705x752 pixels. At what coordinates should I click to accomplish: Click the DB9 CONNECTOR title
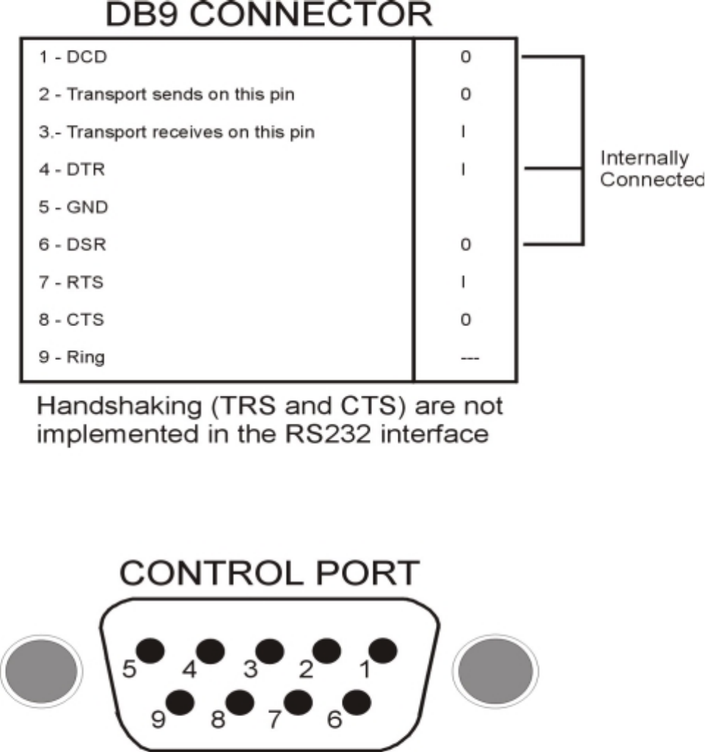click(269, 15)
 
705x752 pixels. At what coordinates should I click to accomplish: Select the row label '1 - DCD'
click(73, 57)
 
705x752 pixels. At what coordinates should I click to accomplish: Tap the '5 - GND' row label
click(73, 207)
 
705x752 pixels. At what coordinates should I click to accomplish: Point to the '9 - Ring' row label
click(71, 358)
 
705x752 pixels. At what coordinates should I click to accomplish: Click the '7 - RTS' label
click(71, 282)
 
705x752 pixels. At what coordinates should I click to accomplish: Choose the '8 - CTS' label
click(71, 320)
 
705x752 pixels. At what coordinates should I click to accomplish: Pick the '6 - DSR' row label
click(72, 245)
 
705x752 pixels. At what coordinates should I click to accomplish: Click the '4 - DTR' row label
click(71, 170)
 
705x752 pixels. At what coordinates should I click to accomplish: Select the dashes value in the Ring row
click(465, 358)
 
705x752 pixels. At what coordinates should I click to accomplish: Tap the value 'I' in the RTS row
click(465, 282)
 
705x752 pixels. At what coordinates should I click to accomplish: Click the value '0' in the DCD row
click(465, 57)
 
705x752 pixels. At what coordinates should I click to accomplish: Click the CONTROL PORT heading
click(269, 574)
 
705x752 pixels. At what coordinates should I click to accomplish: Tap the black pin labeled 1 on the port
click(383, 651)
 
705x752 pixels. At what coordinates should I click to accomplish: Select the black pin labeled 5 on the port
click(150, 651)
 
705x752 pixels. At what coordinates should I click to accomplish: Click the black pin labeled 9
click(180, 701)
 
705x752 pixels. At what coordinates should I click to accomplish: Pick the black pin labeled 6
click(355, 701)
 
